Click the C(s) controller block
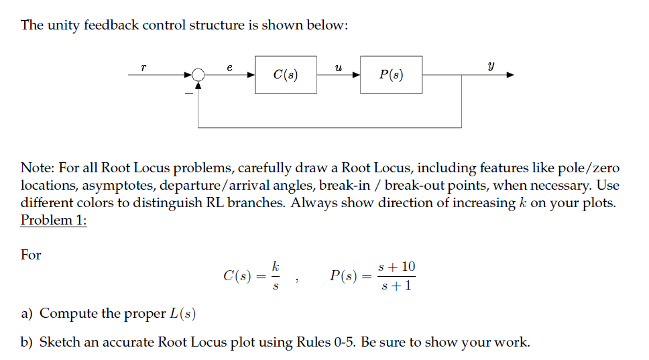(286, 74)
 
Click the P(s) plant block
(392, 74)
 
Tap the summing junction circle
(198, 75)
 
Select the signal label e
(230, 66)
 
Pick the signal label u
(339, 66)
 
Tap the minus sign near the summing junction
(189, 93)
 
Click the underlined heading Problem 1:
(54, 221)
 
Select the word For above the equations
(31, 255)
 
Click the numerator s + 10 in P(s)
(397, 267)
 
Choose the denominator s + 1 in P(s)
(396, 286)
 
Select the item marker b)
(27, 343)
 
